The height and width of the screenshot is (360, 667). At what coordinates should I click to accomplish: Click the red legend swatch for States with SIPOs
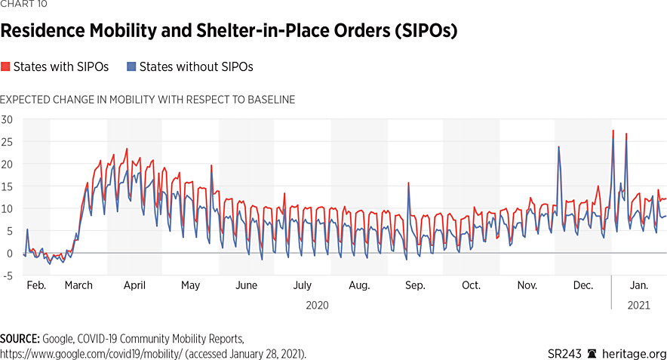pos(5,67)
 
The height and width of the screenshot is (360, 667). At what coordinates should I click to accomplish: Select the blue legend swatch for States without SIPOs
pos(131,67)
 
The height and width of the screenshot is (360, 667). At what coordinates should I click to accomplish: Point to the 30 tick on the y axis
pos(7,119)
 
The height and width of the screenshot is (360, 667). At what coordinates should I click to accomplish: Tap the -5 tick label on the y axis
pos(7,275)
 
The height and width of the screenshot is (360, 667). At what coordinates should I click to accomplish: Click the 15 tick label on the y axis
pos(7,186)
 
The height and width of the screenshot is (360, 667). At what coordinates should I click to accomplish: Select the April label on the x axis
pos(134,286)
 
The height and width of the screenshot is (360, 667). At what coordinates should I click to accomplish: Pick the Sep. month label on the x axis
pos(414,286)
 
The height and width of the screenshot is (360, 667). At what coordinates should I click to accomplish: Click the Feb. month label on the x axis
pos(36,286)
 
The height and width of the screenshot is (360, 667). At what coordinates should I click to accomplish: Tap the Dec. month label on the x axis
pos(582,286)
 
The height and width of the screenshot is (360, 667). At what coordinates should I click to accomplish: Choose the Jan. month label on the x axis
pos(639,286)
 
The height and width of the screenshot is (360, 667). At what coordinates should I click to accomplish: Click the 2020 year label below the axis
pos(317,306)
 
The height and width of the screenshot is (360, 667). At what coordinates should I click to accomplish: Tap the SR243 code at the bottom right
pos(564,353)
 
